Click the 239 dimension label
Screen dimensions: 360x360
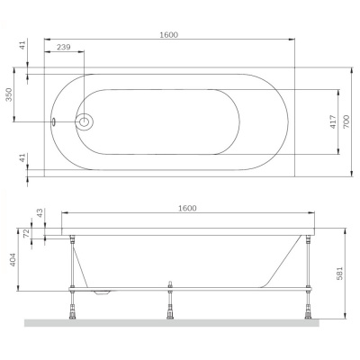tap(64, 47)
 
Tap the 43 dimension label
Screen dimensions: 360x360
tap(39, 213)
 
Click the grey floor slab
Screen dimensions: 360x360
tap(180, 322)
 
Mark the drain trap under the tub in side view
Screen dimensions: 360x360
tap(104, 292)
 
